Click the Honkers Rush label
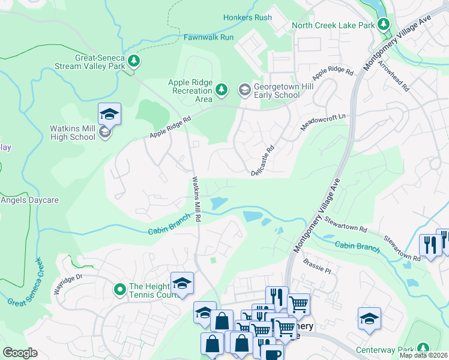tap(247, 17)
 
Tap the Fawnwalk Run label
tap(208, 37)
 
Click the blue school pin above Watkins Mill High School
tap(110, 113)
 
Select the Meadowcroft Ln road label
tap(324, 123)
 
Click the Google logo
tap(20, 353)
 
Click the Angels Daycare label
tap(29, 200)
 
